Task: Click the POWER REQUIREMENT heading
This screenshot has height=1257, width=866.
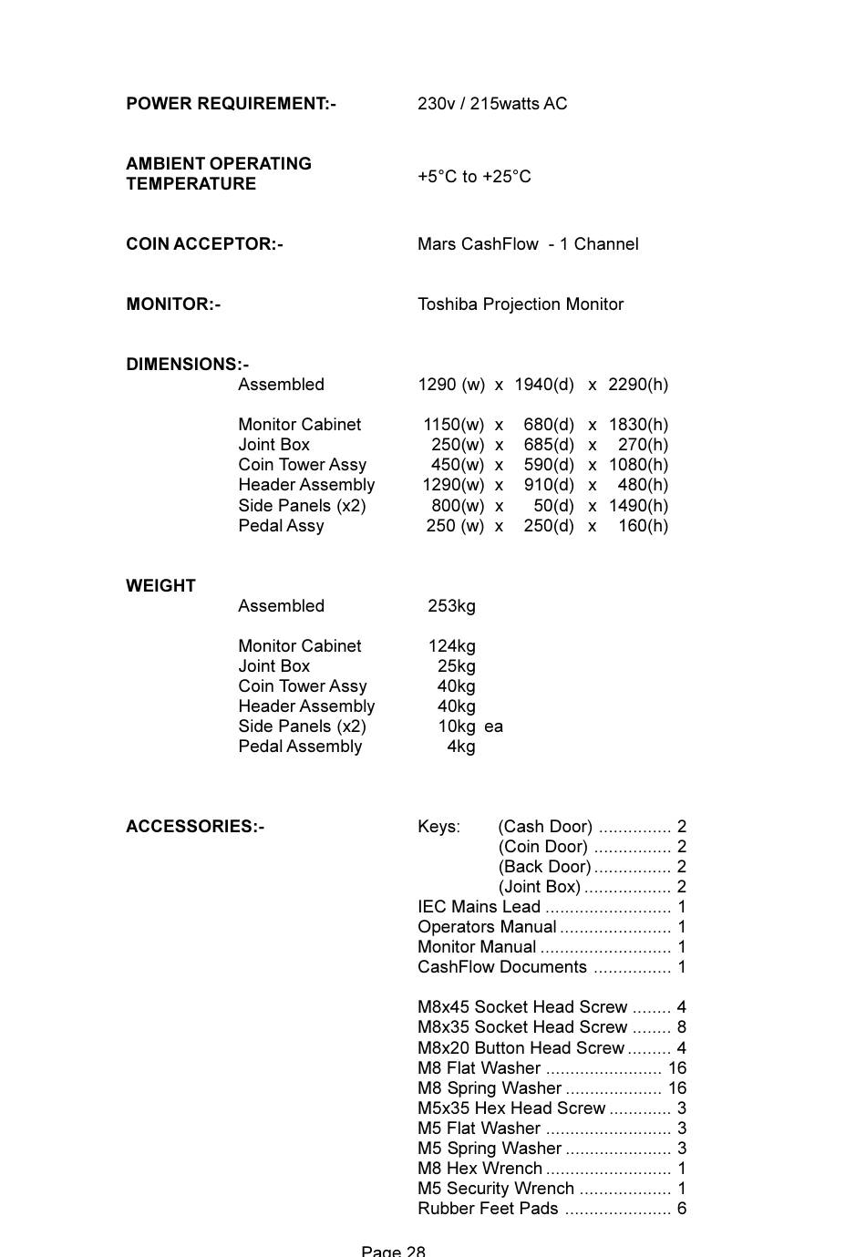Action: point(231,104)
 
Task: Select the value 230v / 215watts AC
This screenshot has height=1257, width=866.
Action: point(492,104)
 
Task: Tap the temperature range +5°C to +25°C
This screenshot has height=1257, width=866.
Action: point(474,177)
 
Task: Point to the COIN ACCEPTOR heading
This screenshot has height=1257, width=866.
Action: point(204,244)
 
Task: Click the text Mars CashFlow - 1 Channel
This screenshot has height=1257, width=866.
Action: point(528,244)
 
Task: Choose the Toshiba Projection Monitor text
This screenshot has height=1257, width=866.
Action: point(521,304)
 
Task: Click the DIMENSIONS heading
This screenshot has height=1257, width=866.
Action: point(187,365)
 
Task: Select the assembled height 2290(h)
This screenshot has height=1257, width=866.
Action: point(638,385)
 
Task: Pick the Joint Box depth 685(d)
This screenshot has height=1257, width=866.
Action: point(549,445)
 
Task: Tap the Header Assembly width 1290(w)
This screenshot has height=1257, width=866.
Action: point(453,485)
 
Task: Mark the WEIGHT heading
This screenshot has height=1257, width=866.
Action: point(160,586)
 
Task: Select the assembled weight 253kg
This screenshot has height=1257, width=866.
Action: point(451,606)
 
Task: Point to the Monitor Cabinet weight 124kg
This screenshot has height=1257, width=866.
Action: point(452,646)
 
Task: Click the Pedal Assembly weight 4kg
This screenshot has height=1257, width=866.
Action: point(461,747)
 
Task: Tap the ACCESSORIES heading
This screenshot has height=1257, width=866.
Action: point(195,827)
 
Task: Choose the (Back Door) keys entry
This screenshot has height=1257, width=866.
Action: point(544,867)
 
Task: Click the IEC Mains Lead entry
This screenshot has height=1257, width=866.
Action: point(479,907)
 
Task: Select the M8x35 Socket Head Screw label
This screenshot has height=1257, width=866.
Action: point(522,1027)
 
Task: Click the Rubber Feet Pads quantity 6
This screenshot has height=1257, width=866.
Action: point(681,1209)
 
